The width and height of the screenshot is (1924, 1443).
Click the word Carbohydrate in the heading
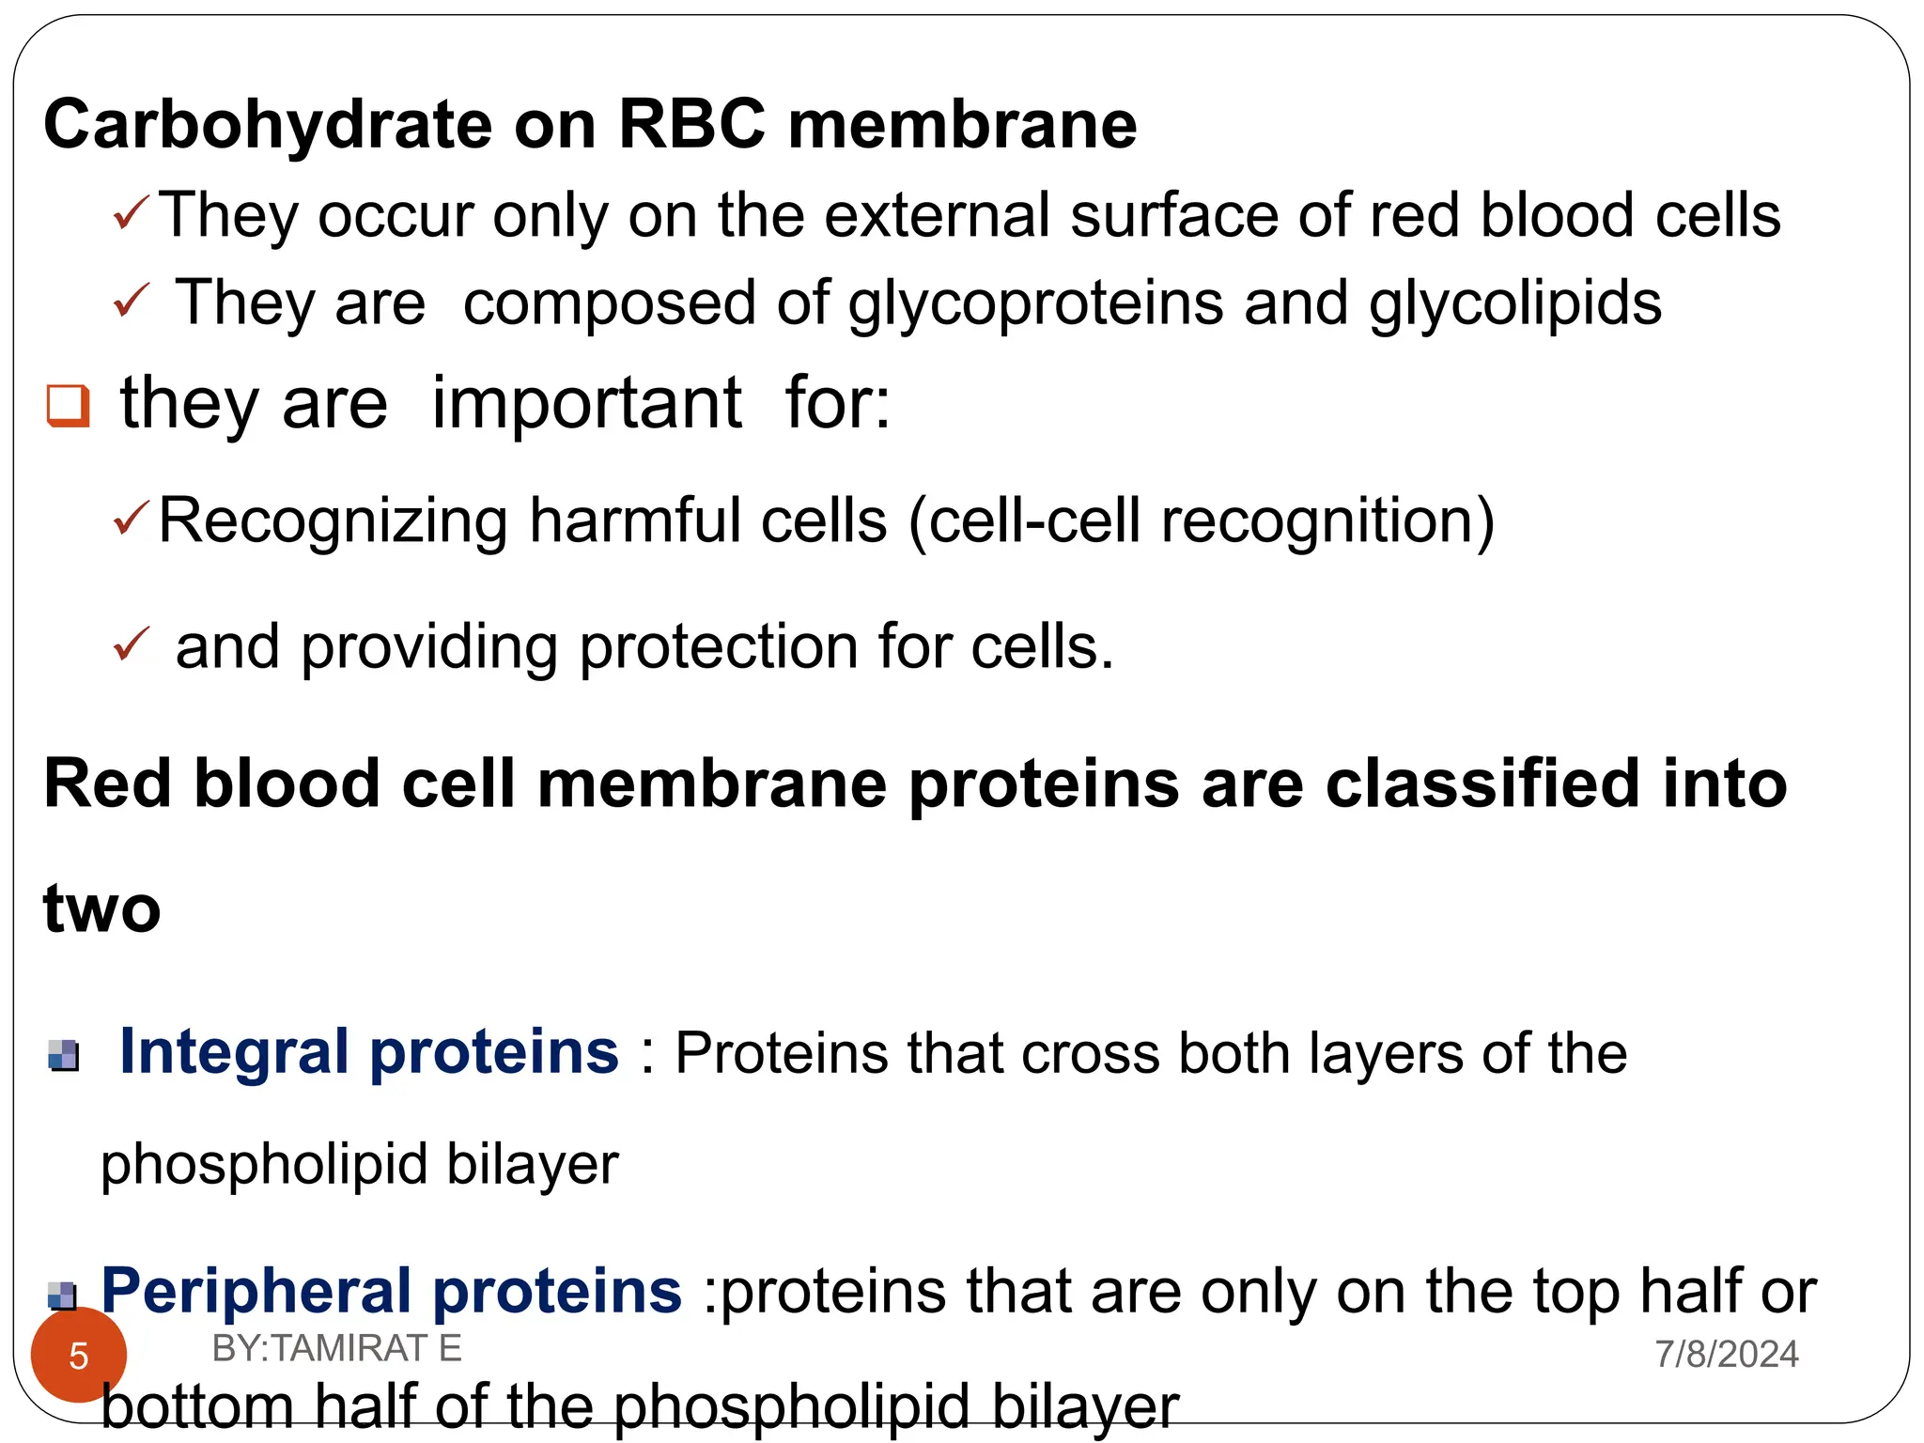coord(268,125)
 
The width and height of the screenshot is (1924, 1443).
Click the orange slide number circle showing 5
coord(79,1355)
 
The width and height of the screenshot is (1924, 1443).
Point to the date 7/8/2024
coord(1726,1354)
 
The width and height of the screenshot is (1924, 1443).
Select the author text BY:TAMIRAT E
coord(336,1348)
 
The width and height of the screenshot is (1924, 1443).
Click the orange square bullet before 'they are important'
coord(69,406)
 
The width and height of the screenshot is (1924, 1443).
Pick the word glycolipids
coord(1514,303)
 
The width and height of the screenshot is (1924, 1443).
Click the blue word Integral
coord(234,1051)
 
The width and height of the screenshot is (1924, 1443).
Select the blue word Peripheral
coord(256,1291)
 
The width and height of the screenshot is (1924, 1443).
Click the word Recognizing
coord(333,521)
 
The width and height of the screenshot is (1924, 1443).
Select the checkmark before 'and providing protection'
coord(131,644)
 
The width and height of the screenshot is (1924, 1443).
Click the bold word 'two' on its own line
coord(102,908)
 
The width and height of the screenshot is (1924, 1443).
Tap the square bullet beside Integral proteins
coord(64,1056)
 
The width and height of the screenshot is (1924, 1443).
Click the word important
coord(586,404)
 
